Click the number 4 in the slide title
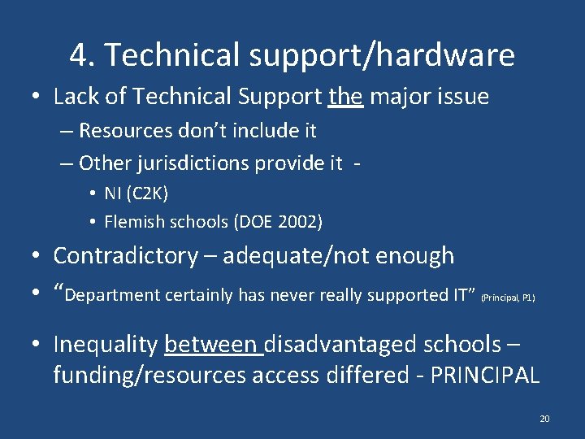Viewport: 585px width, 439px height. point(79,55)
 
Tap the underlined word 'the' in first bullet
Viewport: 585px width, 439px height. point(345,97)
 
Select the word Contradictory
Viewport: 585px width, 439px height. point(125,255)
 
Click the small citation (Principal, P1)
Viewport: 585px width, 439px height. point(508,298)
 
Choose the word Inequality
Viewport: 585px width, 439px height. point(105,344)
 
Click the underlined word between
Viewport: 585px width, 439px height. point(212,344)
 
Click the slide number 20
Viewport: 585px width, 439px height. point(544,419)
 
